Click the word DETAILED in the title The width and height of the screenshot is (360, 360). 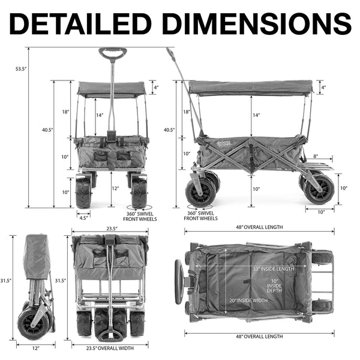[80, 23]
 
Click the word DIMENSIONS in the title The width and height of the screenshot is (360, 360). [258, 23]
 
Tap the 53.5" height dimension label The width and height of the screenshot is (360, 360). [21, 68]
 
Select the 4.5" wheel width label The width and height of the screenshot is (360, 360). [83, 218]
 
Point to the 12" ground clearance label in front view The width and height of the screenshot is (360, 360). [115, 188]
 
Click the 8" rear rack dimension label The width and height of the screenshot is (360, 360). [316, 156]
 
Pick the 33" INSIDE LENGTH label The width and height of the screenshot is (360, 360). [273, 269]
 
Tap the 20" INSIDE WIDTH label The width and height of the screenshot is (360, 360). [248, 301]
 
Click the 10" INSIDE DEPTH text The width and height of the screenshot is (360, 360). [274, 286]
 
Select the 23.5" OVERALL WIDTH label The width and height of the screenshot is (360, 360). [110, 348]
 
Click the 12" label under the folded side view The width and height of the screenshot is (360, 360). [35, 348]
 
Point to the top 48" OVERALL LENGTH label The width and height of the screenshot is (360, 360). [259, 227]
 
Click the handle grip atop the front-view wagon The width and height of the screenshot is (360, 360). [113, 53]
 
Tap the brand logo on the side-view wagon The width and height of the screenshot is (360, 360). [224, 144]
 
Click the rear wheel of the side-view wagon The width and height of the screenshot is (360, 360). [319, 190]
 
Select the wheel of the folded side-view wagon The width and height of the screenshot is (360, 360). [34, 323]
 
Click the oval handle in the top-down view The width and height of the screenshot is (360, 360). [179, 282]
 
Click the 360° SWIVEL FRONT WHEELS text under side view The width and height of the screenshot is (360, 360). [200, 216]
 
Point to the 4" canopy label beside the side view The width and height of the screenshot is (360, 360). [323, 88]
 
